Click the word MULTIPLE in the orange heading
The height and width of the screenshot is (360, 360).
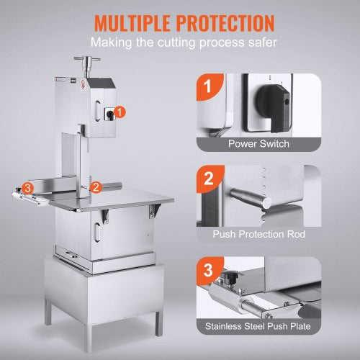point(132,23)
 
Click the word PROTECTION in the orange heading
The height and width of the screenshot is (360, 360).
point(225,23)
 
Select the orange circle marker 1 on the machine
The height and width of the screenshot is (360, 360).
point(120,112)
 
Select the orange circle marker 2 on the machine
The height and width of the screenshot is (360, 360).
point(96,187)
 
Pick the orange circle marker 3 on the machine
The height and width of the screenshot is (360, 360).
point(27,188)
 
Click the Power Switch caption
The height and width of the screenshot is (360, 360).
point(258,143)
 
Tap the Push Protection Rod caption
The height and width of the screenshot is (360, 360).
point(258,234)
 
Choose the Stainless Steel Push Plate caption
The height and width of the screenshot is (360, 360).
point(258,326)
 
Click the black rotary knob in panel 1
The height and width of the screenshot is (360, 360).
point(274,107)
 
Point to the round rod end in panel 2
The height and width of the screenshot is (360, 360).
point(266,203)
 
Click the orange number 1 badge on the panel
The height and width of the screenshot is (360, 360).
point(209,86)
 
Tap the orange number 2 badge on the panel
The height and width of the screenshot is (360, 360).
point(209,179)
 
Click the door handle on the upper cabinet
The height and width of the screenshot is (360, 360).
point(97,111)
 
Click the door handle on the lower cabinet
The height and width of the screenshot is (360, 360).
point(97,232)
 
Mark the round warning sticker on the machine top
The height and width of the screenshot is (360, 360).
point(83,84)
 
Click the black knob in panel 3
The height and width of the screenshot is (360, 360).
point(232,277)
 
